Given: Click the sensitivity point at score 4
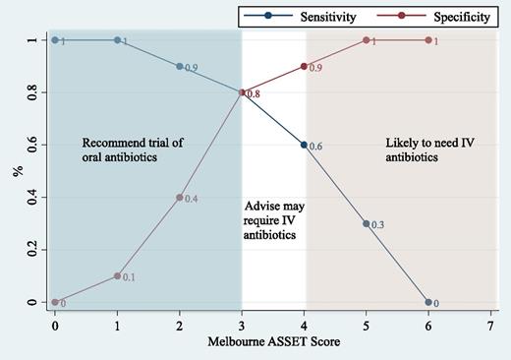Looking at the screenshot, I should pos(304,145).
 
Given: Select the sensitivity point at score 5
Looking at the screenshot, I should pos(367,223).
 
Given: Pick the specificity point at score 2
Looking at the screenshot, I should pos(179,197).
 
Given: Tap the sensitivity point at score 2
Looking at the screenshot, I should pos(179,66).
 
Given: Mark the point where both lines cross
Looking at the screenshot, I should pos(242,92).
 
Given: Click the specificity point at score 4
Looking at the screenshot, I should pos(304,66).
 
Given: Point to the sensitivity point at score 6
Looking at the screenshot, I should pos(429,302).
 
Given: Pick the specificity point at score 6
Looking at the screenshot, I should pos(429,40).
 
